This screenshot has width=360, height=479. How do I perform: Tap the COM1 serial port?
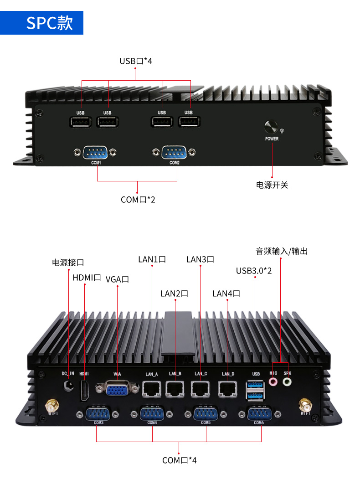96,152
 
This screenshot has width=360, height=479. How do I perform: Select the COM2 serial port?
175,152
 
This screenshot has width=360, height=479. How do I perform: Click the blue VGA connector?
117,388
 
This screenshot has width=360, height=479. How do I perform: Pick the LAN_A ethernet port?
152,388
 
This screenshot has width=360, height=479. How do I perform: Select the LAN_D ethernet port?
227,388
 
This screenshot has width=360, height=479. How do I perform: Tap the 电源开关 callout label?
272,185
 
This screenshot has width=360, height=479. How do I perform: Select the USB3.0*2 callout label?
254,271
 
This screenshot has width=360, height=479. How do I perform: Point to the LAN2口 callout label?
175,294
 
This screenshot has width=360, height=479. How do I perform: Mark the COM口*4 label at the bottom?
180,460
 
